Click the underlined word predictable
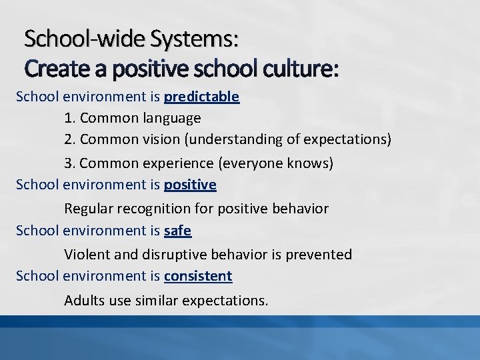(x=201, y=97)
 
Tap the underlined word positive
(x=190, y=184)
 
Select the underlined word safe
(x=177, y=231)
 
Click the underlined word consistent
(x=198, y=275)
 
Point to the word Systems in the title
(x=194, y=39)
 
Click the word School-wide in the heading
(x=85, y=39)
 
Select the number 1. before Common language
(x=70, y=119)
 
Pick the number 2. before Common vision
(x=70, y=140)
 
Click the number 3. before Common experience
(x=70, y=163)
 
